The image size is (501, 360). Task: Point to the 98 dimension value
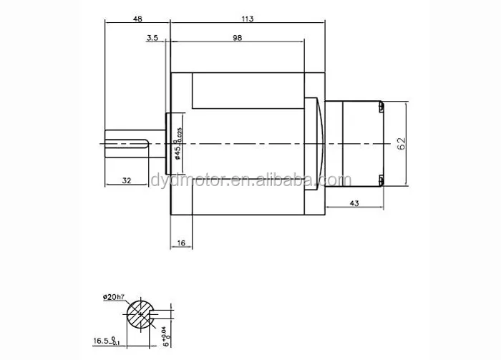tap(236, 38)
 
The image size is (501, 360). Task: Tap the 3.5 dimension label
tap(152, 38)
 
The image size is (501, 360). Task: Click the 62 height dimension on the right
tap(402, 143)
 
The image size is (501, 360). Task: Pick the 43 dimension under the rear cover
tap(354, 204)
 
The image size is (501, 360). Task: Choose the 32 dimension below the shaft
tap(126, 181)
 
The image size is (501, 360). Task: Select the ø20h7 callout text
tap(115, 296)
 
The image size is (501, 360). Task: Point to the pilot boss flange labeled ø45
tap(169, 143)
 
